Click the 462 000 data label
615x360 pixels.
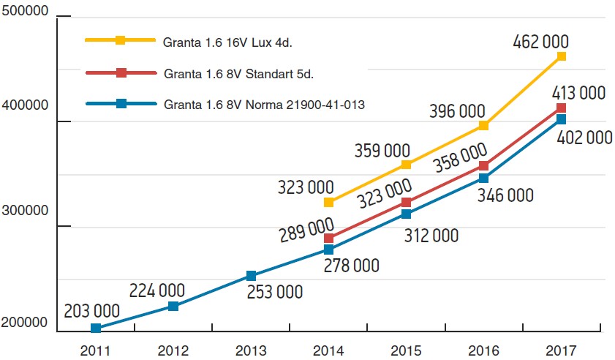point(540,41)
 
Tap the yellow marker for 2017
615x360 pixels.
point(562,56)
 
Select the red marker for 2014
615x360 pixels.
point(328,239)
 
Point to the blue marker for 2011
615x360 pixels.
point(96,328)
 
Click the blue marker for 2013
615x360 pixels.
point(251,276)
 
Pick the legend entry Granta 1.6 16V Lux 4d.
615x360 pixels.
point(228,42)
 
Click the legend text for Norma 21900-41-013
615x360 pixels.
point(265,105)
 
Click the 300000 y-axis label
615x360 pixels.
point(26,211)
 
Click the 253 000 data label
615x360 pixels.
point(274,292)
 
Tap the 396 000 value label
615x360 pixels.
point(457,111)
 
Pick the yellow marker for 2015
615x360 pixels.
point(406,165)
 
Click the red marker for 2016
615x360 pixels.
point(483,166)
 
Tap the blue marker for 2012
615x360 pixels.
point(173,306)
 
